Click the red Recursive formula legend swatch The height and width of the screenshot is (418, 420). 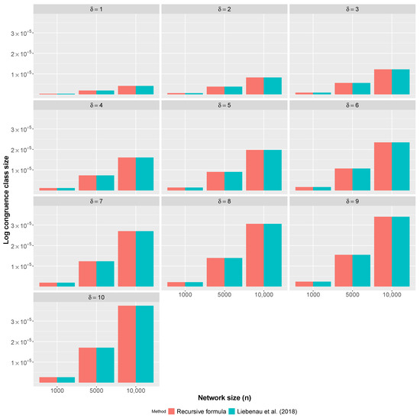coord(172,412)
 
